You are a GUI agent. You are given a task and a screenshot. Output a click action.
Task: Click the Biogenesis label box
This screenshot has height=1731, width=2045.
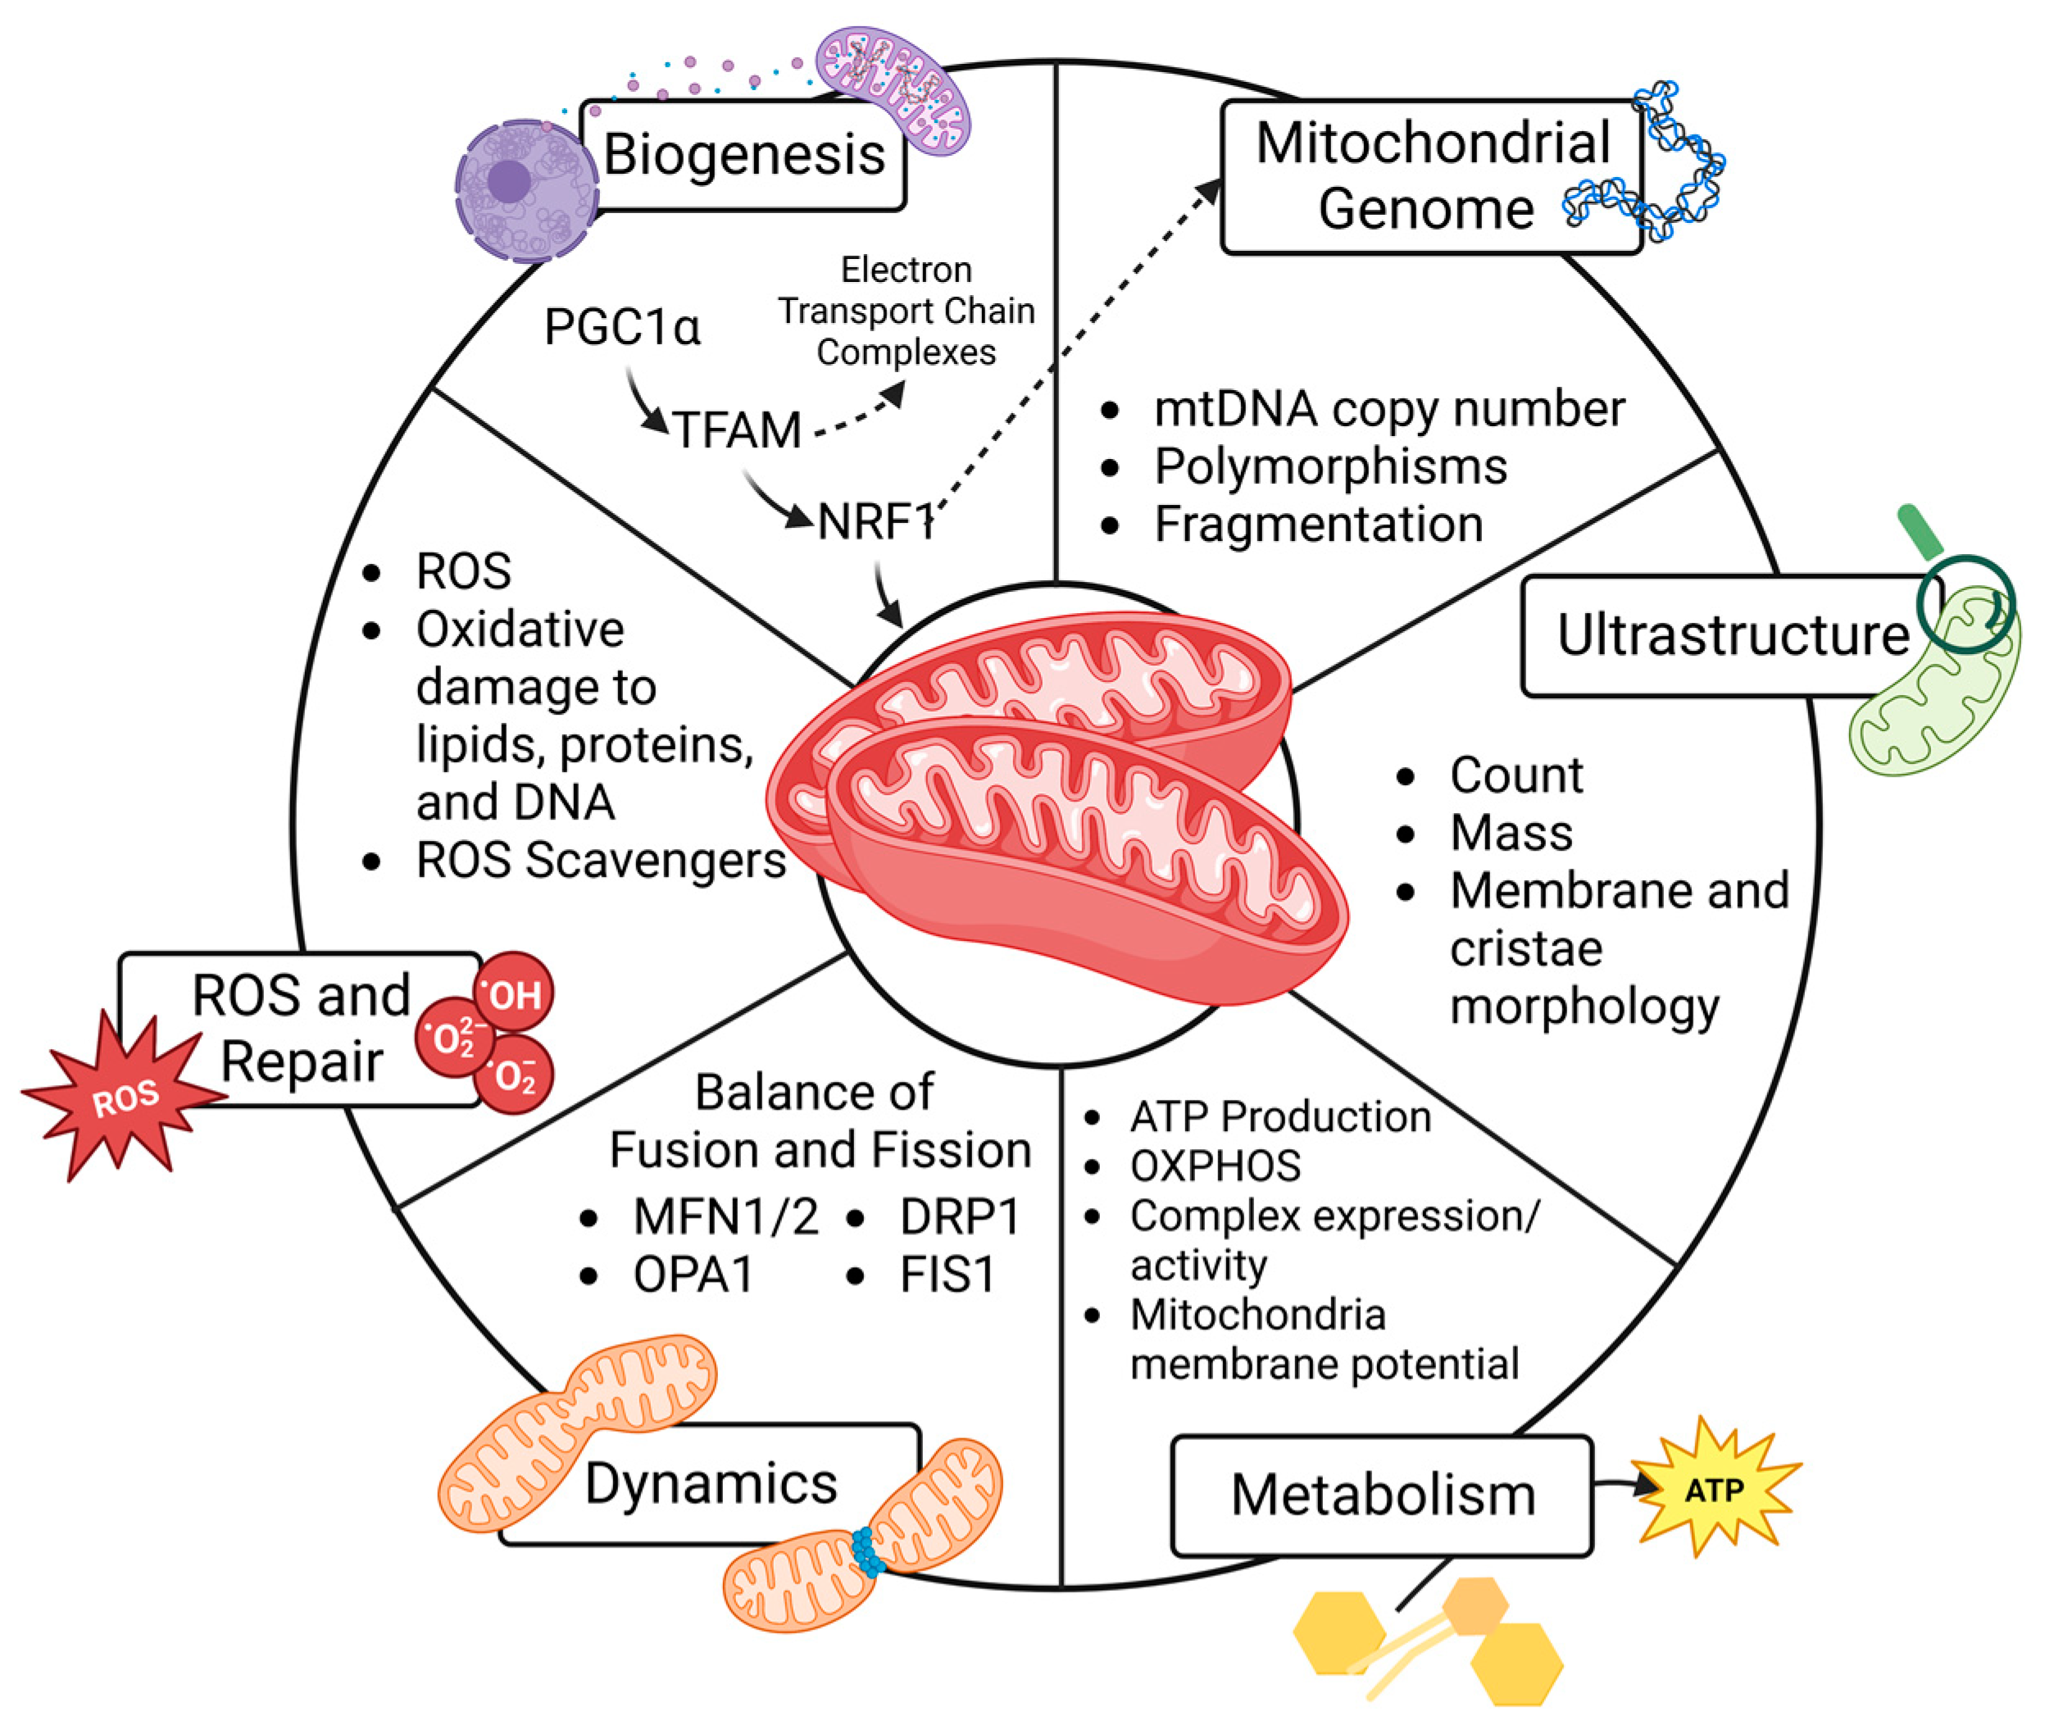(x=743, y=155)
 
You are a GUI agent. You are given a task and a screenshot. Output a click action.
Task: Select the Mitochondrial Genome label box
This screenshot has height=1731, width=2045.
(x=1431, y=177)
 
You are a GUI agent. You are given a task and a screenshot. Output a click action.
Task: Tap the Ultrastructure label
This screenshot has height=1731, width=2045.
(x=1732, y=635)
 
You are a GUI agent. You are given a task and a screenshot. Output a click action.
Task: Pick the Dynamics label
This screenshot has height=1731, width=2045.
(x=711, y=1483)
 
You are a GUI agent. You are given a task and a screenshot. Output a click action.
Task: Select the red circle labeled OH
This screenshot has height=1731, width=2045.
(x=513, y=993)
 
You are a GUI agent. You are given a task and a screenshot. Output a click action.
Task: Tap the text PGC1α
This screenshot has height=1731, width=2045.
(x=622, y=327)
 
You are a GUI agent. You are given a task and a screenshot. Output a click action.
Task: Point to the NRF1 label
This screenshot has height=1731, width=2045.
(x=875, y=521)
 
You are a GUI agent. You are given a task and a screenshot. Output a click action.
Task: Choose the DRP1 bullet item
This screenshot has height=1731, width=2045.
(x=959, y=1217)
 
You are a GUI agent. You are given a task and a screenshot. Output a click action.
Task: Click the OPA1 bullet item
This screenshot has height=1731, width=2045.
(x=693, y=1274)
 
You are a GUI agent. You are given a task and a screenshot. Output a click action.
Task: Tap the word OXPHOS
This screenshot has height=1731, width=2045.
(x=1215, y=1165)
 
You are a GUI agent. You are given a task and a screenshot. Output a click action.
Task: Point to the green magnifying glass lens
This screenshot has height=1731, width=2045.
(x=1965, y=603)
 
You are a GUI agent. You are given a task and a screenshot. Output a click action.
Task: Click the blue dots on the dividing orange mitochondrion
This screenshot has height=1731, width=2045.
(x=866, y=1552)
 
